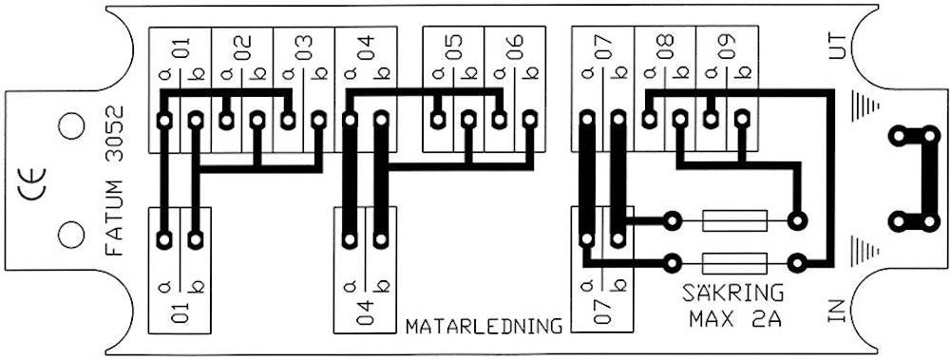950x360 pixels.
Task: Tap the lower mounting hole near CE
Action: coord(69,233)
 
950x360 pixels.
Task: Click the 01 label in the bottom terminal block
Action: coord(180,313)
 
